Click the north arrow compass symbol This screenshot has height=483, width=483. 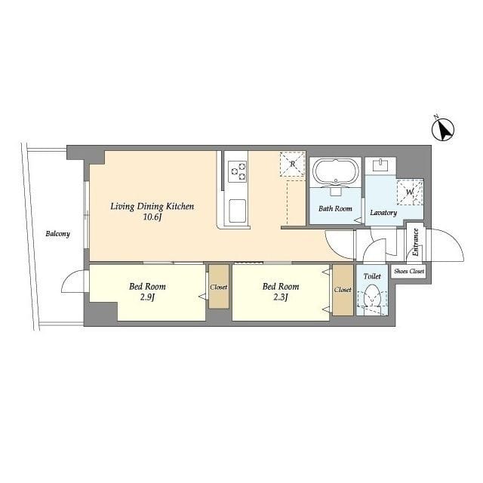tap(443, 129)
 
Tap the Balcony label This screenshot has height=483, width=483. tap(57, 234)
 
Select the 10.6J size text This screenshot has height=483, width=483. tap(152, 217)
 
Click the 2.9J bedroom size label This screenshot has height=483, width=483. tap(147, 297)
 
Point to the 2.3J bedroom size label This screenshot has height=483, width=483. tap(281, 297)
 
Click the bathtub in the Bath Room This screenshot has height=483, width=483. tap(335, 173)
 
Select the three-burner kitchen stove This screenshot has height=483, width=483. tap(237, 171)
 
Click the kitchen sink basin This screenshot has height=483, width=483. tap(237, 211)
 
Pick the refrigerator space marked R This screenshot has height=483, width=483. tap(293, 164)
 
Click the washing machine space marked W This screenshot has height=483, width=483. tap(410, 192)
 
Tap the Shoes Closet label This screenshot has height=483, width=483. tap(409, 272)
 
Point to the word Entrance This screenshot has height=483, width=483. tap(415, 242)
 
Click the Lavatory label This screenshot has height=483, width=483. tap(383, 213)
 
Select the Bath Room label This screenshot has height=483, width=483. tap(335, 209)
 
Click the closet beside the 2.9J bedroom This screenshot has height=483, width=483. tap(219, 287)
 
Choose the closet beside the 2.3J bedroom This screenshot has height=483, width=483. tap(343, 290)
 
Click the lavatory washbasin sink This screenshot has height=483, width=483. tap(380, 165)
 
